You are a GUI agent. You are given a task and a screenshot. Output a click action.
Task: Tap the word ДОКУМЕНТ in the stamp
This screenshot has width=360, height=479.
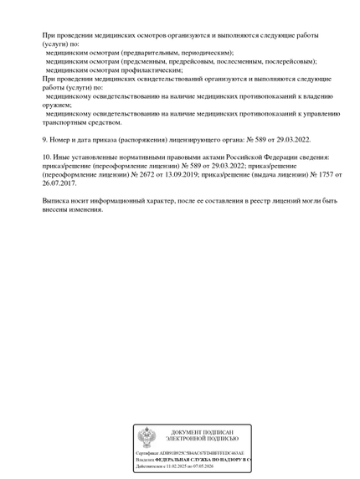point(186,432)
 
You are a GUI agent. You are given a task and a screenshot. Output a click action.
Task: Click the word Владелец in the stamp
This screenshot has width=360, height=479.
point(145,460)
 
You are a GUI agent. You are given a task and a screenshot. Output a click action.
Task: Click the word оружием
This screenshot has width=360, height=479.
point(61,105)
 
